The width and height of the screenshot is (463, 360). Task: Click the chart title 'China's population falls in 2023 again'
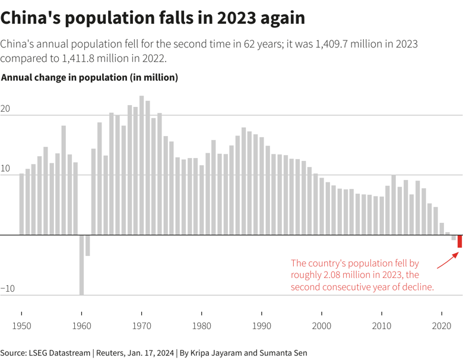[x=153, y=18]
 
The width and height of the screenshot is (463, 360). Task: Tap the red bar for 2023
[x=459, y=241]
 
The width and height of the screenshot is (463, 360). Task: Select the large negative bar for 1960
[x=81, y=264]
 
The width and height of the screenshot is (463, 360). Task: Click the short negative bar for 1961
[x=87, y=245]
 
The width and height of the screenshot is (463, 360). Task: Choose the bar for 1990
[x=262, y=187]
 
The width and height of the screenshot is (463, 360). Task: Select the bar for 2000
[x=322, y=206]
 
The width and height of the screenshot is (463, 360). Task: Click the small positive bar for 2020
[x=442, y=229]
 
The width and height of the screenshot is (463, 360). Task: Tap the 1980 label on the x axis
[x=202, y=326]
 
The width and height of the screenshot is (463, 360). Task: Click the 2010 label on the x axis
[x=382, y=326]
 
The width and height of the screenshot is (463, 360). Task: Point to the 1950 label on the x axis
[x=21, y=326]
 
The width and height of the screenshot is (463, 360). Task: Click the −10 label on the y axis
[x=8, y=289]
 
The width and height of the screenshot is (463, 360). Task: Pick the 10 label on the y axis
[x=5, y=169]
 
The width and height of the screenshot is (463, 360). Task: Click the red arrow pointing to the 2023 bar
[x=448, y=260]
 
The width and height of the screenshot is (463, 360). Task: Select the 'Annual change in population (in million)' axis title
[x=90, y=78]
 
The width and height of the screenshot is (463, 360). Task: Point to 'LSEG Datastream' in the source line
[x=59, y=353]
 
